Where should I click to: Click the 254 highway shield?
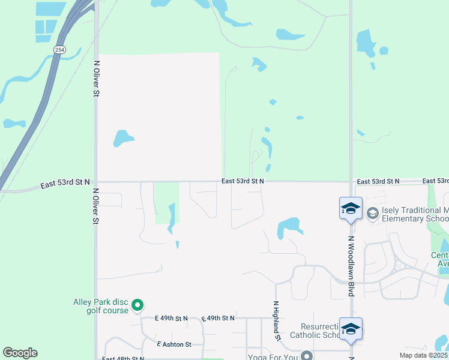59,50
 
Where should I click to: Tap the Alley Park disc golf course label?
101,306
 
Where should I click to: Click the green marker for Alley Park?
137,306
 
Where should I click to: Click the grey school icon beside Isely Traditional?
372,213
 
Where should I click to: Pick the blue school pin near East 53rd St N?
351,209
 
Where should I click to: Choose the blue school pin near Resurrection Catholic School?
351,329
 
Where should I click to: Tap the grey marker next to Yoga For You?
307,355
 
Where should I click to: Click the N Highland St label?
277,321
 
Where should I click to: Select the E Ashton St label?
174,344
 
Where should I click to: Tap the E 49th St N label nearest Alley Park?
171,318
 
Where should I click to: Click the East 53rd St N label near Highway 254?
65,183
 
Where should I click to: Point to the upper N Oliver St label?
96,78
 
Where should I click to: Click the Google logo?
20,353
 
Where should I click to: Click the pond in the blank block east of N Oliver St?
122,138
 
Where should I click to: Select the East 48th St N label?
123,358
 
